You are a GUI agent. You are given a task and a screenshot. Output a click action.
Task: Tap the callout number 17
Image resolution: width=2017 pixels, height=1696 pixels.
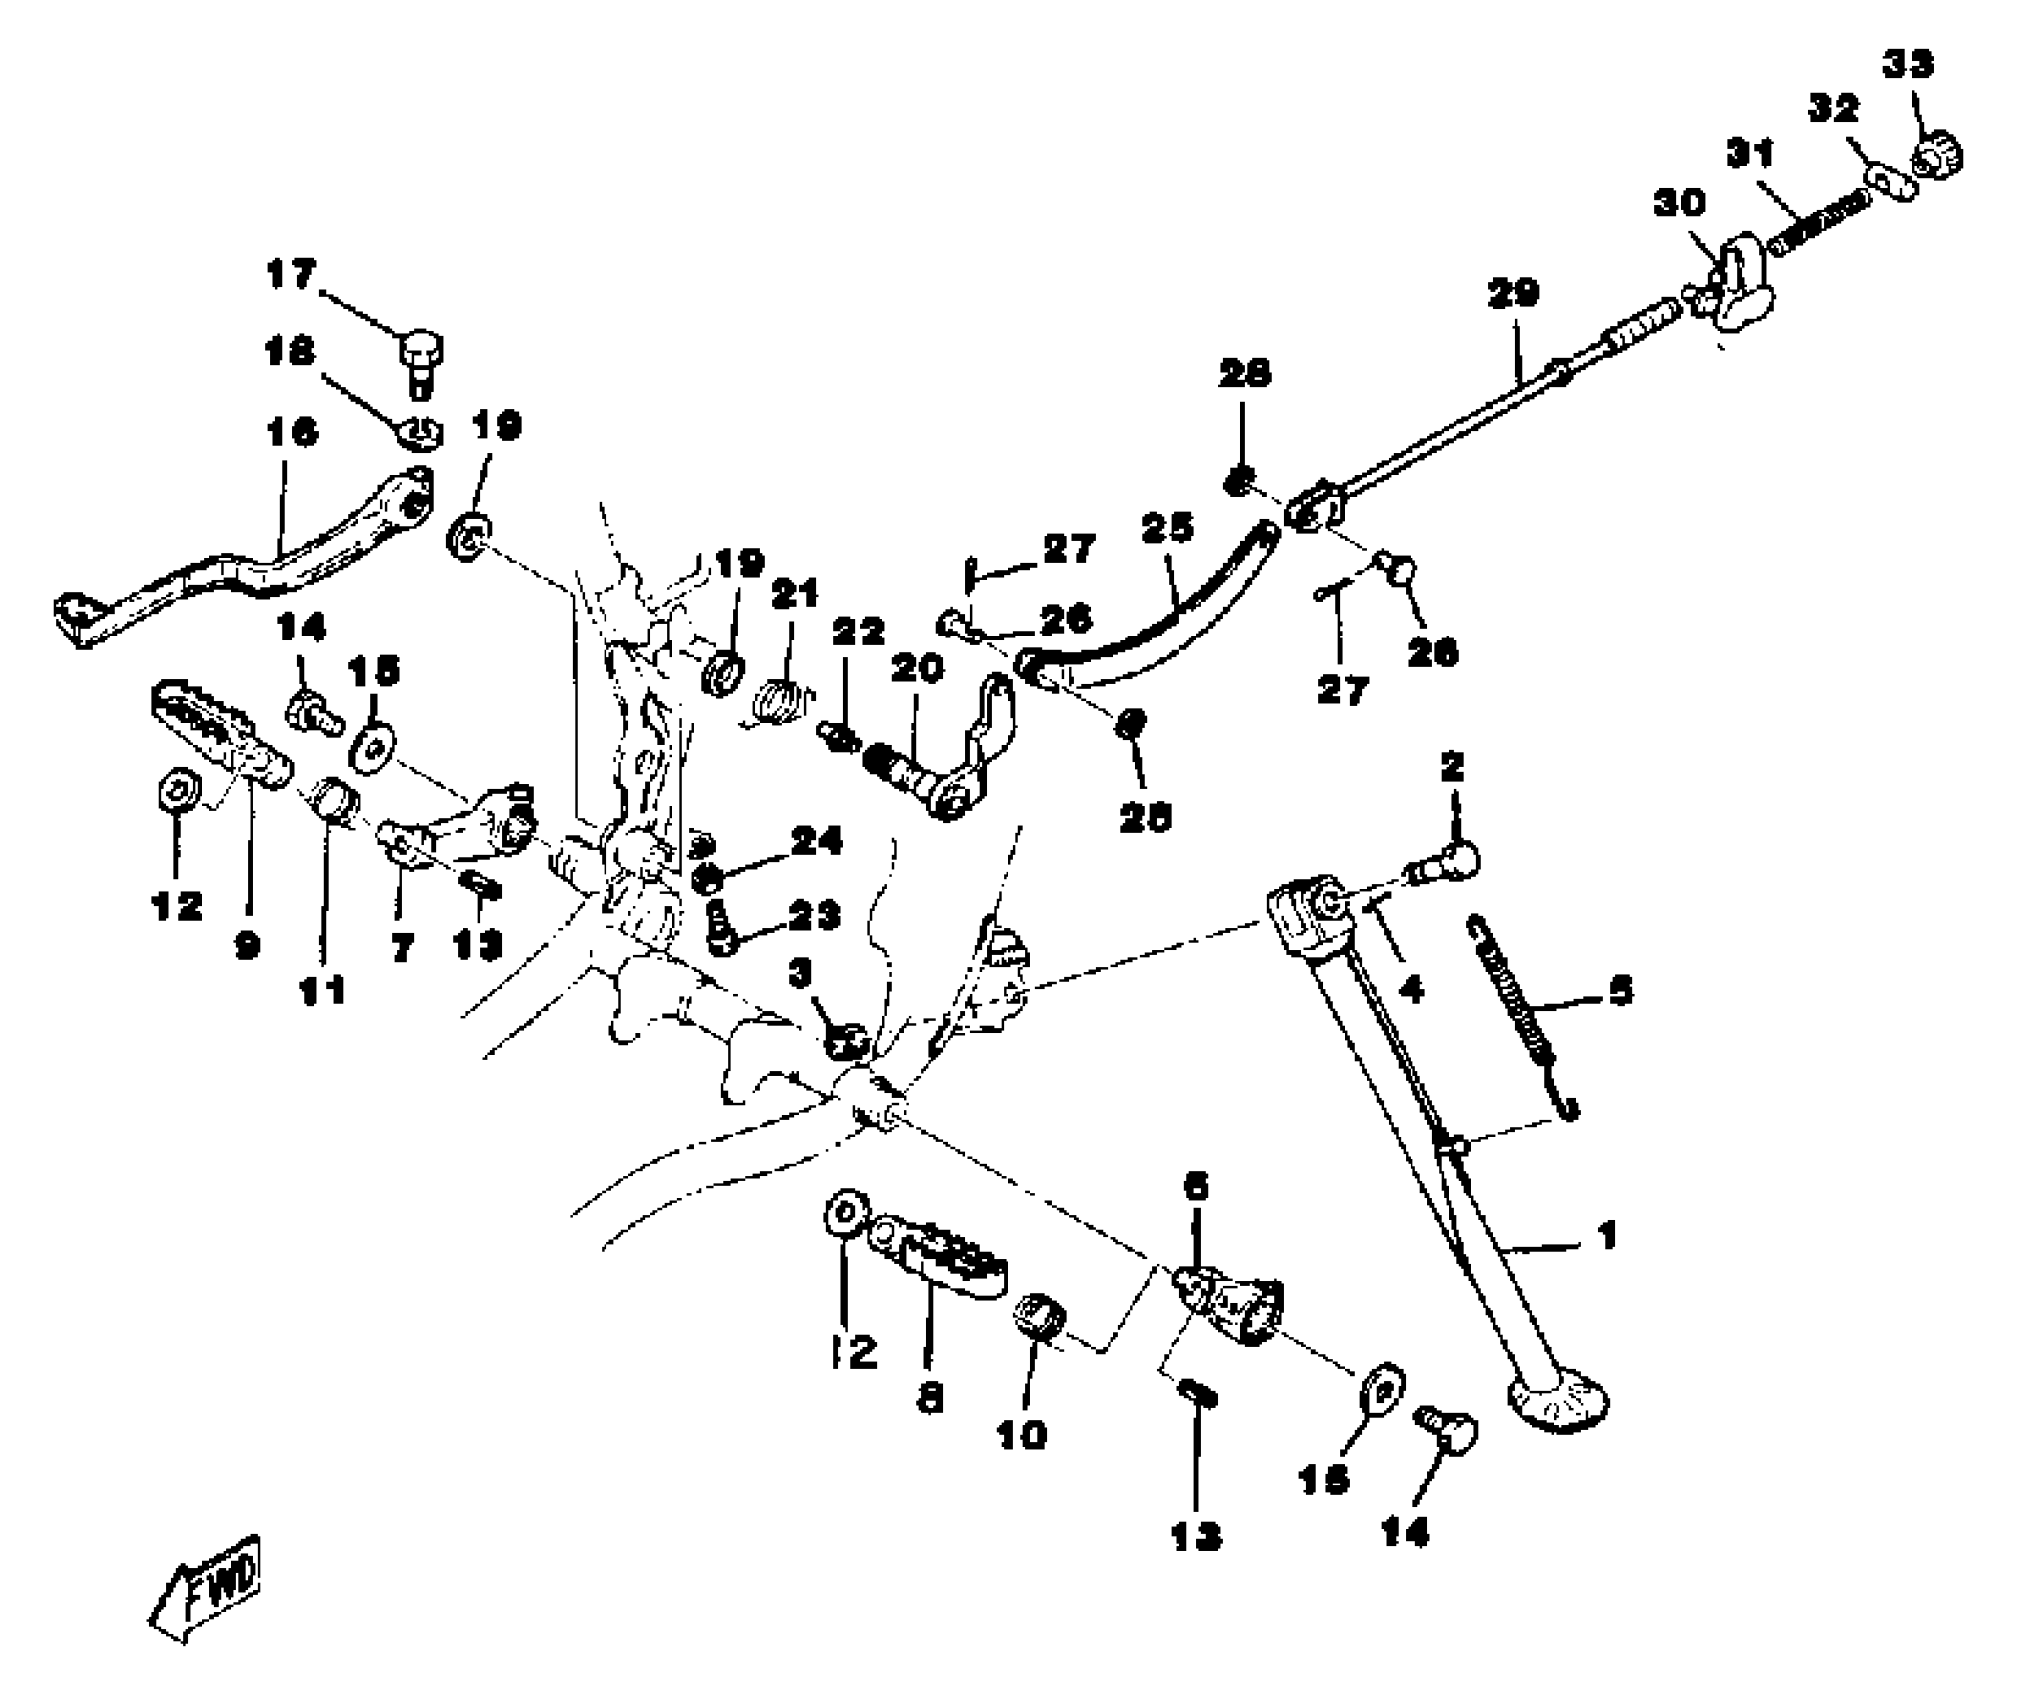coord(291,274)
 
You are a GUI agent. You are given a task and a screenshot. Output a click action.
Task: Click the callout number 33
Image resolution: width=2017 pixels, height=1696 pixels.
coord(1908,65)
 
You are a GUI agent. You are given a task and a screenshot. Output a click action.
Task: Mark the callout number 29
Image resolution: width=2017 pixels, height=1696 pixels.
coord(1513,293)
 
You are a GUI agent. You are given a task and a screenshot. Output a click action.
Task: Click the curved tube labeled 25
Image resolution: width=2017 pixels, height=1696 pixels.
coord(1157,611)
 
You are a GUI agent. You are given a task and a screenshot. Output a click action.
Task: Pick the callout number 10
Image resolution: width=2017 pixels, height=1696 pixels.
coord(1021,1435)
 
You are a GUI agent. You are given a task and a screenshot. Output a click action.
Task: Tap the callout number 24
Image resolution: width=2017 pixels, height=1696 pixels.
coord(817,841)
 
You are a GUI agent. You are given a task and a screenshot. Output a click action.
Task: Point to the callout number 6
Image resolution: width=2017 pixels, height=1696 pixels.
coord(1196,1186)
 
